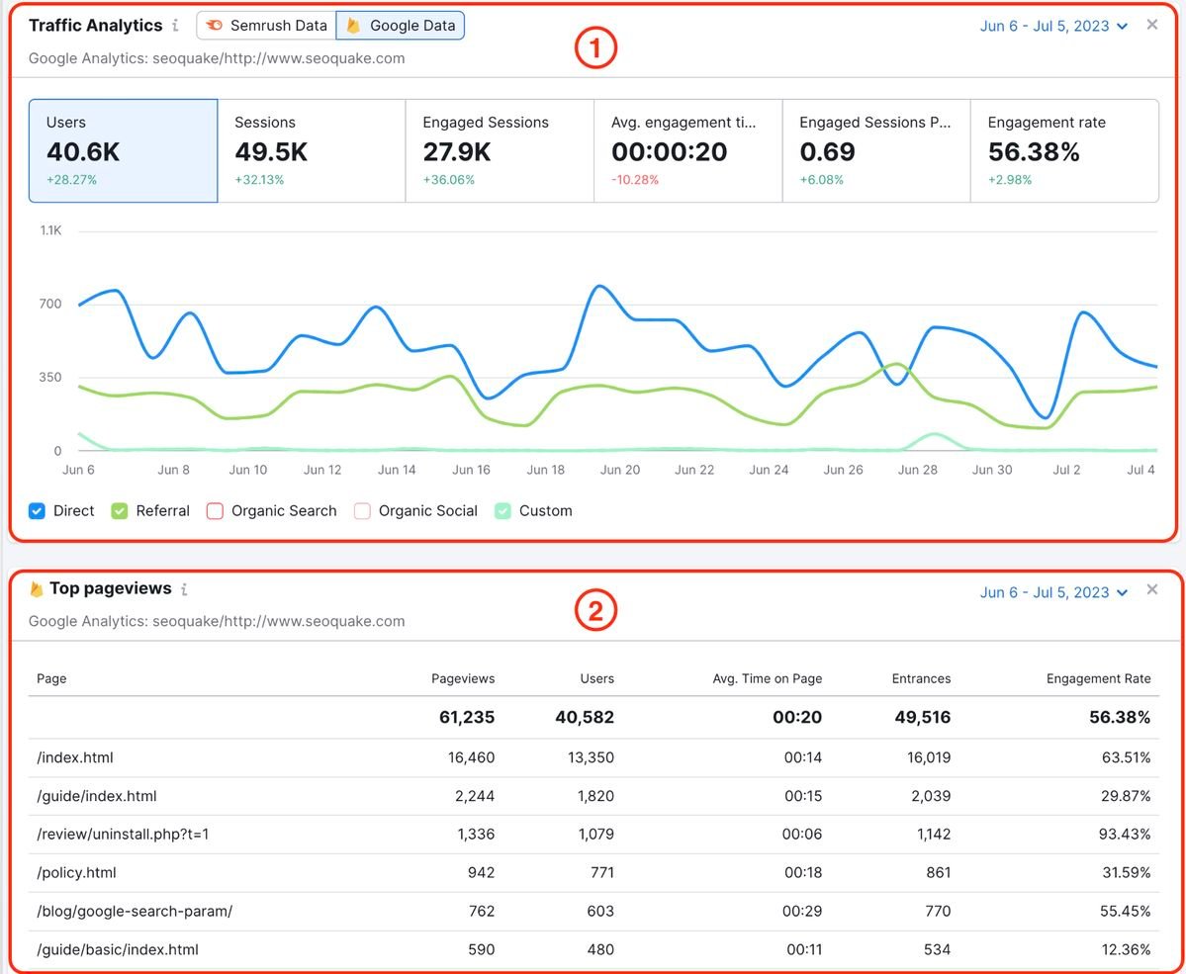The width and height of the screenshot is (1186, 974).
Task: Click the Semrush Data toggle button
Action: click(x=266, y=26)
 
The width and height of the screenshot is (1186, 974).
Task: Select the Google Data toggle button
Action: click(x=401, y=26)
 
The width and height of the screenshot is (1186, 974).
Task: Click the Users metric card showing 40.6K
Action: click(x=123, y=150)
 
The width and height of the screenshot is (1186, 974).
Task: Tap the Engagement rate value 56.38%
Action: click(x=1034, y=152)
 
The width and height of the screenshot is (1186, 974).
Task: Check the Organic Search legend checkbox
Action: click(x=216, y=511)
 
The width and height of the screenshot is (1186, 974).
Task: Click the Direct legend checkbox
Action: click(x=38, y=511)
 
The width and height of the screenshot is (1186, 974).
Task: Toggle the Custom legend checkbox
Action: click(x=503, y=511)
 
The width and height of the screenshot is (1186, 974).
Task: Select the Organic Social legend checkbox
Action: click(x=363, y=511)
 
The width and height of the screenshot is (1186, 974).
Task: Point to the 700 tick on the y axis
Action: click(x=50, y=304)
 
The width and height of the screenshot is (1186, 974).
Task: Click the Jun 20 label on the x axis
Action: click(x=620, y=470)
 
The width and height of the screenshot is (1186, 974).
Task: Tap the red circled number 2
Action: click(x=595, y=612)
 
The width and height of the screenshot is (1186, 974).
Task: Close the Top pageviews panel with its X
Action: click(x=1151, y=589)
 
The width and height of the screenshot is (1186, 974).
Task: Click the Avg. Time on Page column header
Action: click(x=767, y=678)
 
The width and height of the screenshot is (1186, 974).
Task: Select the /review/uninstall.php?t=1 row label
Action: click(x=123, y=834)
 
